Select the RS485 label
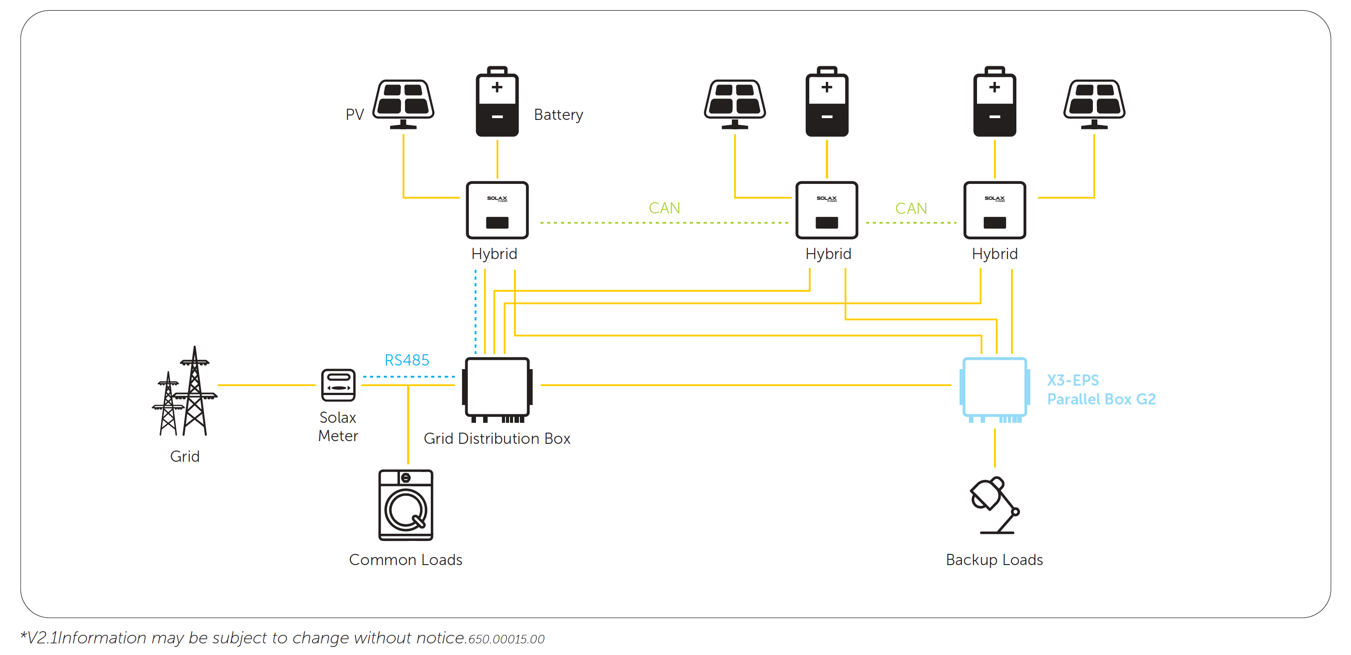[x=407, y=360]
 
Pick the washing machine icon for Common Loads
[x=405, y=505]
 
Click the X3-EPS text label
[x=1072, y=380]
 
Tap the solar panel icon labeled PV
[x=404, y=103]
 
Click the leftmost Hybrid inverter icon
[x=497, y=210]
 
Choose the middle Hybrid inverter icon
[x=827, y=210]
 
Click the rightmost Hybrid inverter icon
[x=994, y=210]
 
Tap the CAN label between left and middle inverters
[x=664, y=208]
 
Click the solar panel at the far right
[x=1094, y=103]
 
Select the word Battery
[x=558, y=115]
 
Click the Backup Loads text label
[x=994, y=560]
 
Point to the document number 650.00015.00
[x=506, y=639]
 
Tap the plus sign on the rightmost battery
[x=994, y=87]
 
